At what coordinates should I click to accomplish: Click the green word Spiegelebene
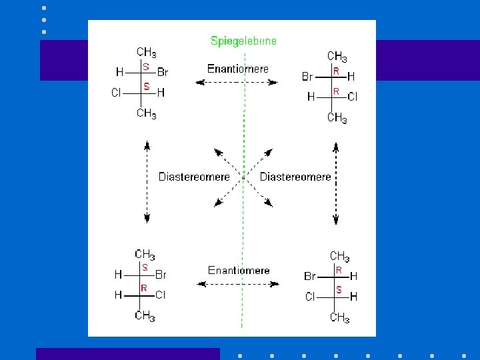pyautogui.click(x=243, y=41)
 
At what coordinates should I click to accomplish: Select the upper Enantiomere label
pyautogui.click(x=238, y=69)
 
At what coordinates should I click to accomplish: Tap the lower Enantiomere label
pyautogui.click(x=239, y=270)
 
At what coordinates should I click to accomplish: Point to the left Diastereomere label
pyautogui.click(x=194, y=177)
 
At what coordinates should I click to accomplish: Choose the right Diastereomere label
pyautogui.click(x=295, y=177)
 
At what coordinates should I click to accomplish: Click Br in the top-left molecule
pyautogui.click(x=163, y=72)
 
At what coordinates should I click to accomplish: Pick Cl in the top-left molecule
pyautogui.click(x=116, y=93)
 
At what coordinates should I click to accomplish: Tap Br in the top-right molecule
pyautogui.click(x=307, y=77)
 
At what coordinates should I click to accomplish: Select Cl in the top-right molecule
pyautogui.click(x=353, y=97)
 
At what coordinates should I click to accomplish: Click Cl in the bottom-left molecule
pyautogui.click(x=161, y=294)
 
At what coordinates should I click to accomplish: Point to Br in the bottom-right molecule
pyautogui.click(x=310, y=276)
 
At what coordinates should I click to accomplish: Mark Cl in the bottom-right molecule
pyautogui.click(x=310, y=297)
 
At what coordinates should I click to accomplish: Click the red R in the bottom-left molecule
pyautogui.click(x=144, y=288)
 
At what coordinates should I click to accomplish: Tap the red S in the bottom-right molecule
pyautogui.click(x=339, y=290)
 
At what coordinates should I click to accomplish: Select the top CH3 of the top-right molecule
pyautogui.click(x=337, y=57)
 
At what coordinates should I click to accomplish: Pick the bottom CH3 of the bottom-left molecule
pyautogui.click(x=145, y=315)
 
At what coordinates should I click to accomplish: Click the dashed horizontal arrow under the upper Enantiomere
pyautogui.click(x=237, y=82)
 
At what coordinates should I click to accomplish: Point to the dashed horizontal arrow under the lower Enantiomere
pyautogui.click(x=238, y=283)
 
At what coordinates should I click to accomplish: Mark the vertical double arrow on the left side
pyautogui.click(x=147, y=181)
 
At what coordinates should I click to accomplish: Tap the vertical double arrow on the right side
pyautogui.click(x=336, y=183)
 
